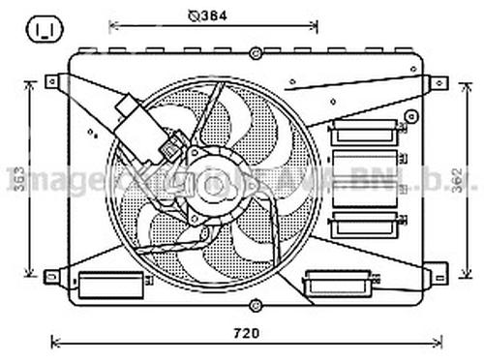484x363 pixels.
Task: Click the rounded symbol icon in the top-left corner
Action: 44,29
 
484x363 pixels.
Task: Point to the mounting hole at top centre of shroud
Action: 255,53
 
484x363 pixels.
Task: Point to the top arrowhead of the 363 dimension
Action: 37,85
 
